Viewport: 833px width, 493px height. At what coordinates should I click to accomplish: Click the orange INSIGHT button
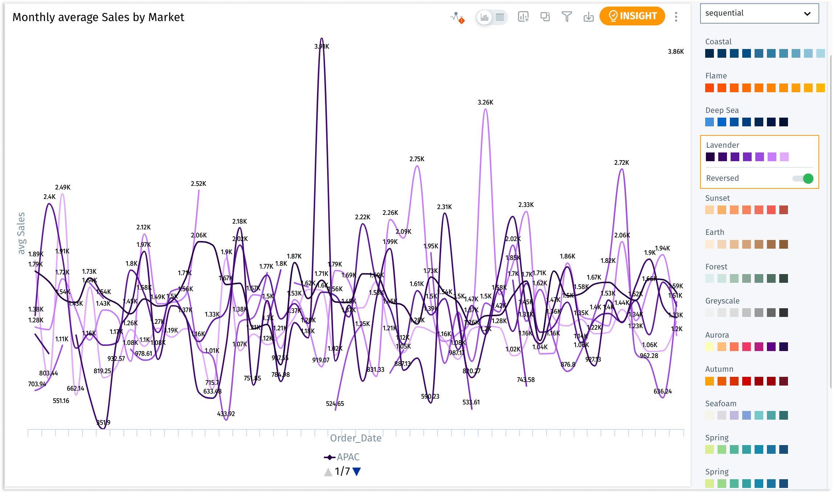tap(632, 16)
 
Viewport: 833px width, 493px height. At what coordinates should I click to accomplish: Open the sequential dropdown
tap(759, 13)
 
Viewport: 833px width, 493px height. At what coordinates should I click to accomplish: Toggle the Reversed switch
tap(803, 178)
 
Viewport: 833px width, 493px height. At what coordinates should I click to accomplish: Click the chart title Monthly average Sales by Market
tap(98, 17)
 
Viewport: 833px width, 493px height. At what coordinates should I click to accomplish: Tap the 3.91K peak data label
tap(322, 46)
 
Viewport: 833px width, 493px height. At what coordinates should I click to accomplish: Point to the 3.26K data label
tap(485, 102)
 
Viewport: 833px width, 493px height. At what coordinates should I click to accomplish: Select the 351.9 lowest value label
tap(103, 423)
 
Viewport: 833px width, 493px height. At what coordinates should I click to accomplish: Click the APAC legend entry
tap(342, 457)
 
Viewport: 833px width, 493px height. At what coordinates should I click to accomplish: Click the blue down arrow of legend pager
tap(357, 472)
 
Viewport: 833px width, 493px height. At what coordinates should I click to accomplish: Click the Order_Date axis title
tap(355, 438)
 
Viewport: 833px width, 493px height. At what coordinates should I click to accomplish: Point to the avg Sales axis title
tap(21, 233)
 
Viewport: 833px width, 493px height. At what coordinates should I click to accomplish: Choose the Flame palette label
tap(716, 76)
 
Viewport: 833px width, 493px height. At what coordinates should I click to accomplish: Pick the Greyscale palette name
tap(722, 301)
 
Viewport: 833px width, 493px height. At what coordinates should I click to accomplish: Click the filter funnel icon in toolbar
tap(567, 17)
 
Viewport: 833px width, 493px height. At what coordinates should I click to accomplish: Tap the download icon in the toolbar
tap(589, 17)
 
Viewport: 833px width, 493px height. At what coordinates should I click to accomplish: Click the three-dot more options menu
tap(676, 17)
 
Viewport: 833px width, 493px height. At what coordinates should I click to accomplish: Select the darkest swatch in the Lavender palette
tap(710, 157)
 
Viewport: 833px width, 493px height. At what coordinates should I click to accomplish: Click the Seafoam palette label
tap(721, 404)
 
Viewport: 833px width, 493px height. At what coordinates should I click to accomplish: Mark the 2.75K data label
tap(417, 159)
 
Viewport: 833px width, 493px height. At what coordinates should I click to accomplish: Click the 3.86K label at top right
tap(676, 52)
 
